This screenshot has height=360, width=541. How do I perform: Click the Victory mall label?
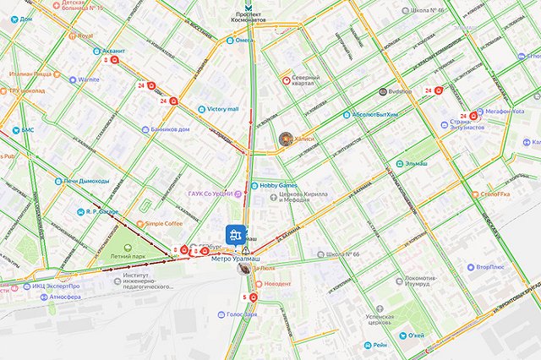click(x=222, y=109)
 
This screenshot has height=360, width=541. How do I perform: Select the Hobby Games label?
click(x=278, y=185)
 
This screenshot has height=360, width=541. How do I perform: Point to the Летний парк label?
click(x=127, y=255)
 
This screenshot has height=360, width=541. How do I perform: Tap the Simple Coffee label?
click(x=163, y=224)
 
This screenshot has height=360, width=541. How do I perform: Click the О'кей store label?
click(x=415, y=335)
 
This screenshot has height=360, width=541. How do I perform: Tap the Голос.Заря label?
click(x=242, y=314)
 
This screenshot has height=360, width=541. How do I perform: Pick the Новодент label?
click(x=277, y=284)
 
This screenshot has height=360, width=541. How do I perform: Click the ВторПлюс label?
click(x=490, y=268)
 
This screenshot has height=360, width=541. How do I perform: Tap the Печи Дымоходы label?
click(x=87, y=181)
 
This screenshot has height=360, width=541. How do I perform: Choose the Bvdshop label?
click(x=400, y=90)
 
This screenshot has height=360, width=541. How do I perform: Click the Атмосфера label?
click(x=64, y=297)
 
